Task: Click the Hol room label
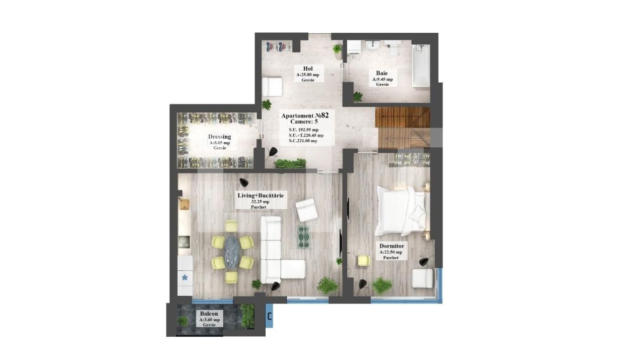pos(308,69)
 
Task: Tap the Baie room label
pos(382,73)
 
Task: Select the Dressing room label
pos(219,137)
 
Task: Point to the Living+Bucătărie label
pos(261,196)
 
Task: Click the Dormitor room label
pos(392,246)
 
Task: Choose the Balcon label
pos(209,314)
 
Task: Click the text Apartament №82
pos(305,115)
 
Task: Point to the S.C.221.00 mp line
pos(303,141)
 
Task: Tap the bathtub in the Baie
pos(421,65)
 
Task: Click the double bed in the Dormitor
pos(402,211)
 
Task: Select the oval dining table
pos(232,252)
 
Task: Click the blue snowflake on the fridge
pos(185,277)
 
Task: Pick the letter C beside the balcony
pos(269,317)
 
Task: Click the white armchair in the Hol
pos(272,87)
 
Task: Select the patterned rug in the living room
pos(304,237)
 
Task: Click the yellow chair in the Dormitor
pos(363,261)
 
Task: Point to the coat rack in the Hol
pos(279,46)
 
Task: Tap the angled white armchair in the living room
pos(306,210)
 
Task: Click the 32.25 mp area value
pos(260,202)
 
